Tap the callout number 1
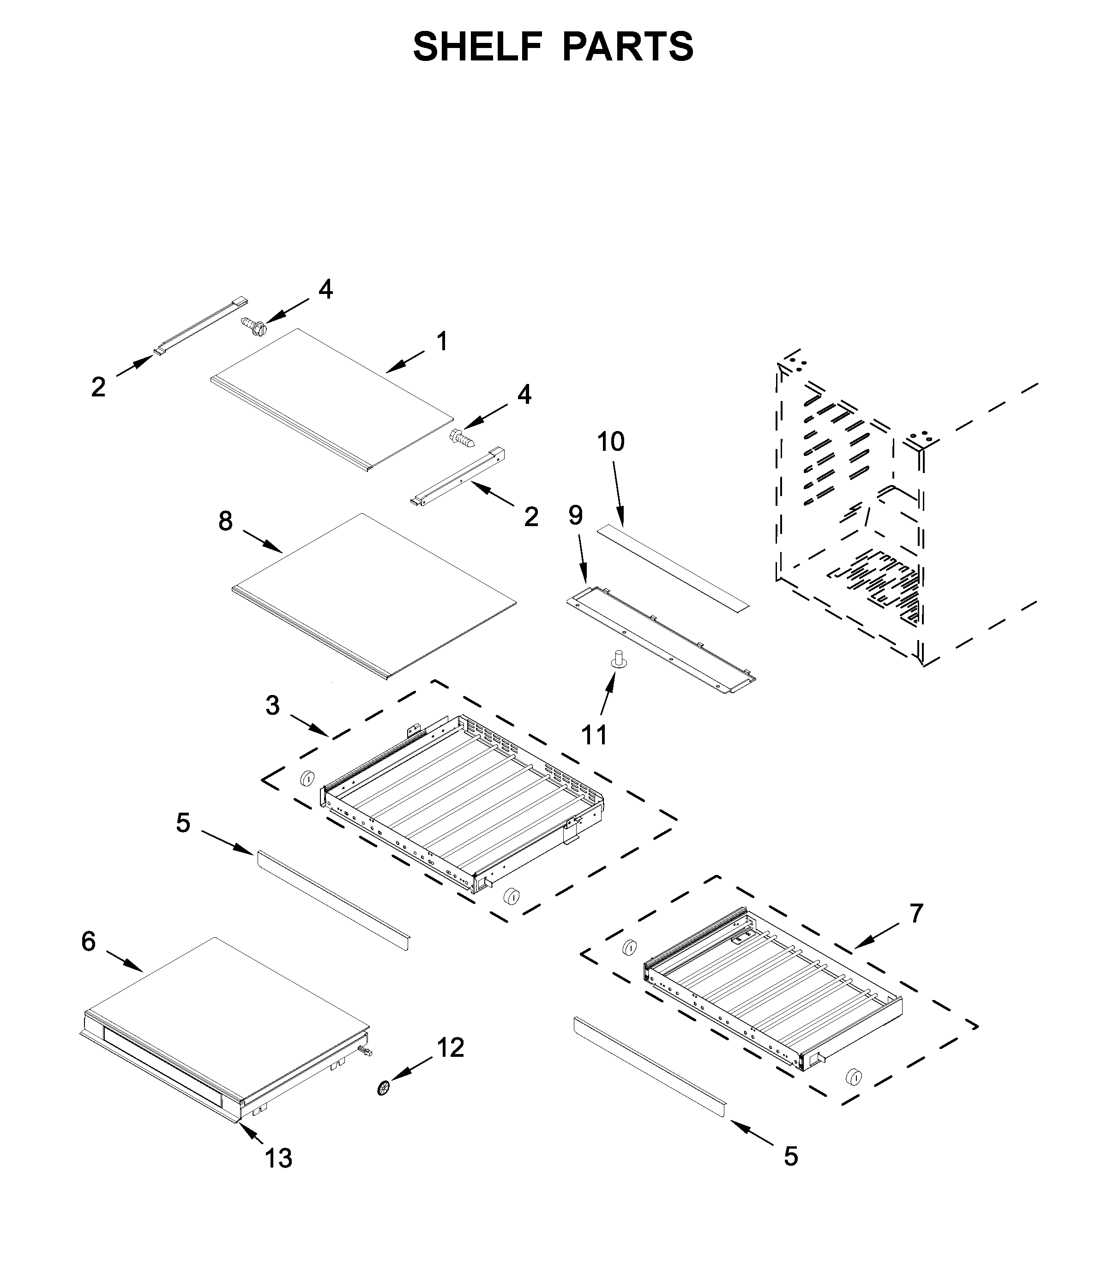442,342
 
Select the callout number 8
226,521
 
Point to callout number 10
611,442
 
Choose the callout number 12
451,1048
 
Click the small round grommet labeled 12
383,1088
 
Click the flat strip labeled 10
672,569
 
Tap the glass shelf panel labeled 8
375,593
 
